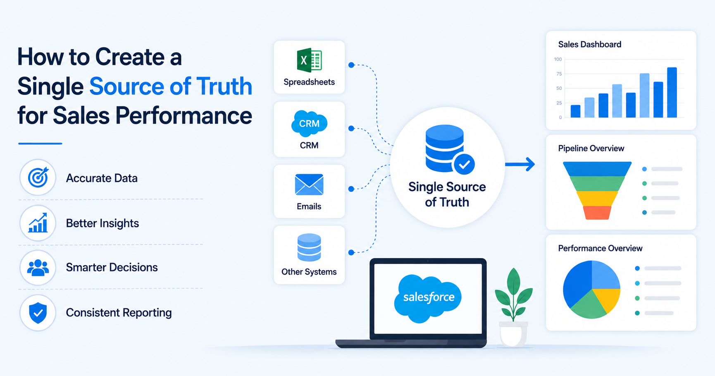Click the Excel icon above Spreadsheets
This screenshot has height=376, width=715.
pyautogui.click(x=309, y=61)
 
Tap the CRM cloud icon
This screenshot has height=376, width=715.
pyautogui.click(x=309, y=124)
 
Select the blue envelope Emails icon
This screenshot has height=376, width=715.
pyautogui.click(x=309, y=184)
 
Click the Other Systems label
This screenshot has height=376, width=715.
pyautogui.click(x=309, y=272)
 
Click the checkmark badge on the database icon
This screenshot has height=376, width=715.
pyautogui.click(x=464, y=165)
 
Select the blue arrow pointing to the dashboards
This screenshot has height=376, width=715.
pyautogui.click(x=520, y=164)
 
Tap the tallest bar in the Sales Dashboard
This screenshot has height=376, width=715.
pyautogui.click(x=672, y=93)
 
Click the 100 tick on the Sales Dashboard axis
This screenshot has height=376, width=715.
pyautogui.click(x=558, y=59)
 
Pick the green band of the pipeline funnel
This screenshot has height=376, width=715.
pyautogui.click(x=597, y=183)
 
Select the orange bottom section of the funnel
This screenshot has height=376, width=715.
pyautogui.click(x=597, y=213)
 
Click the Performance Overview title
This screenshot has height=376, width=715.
pyautogui.click(x=600, y=248)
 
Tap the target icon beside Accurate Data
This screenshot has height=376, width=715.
pyautogui.click(x=38, y=177)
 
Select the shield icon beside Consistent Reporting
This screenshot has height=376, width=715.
pyautogui.click(x=38, y=313)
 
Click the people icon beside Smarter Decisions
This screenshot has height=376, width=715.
pyautogui.click(x=38, y=268)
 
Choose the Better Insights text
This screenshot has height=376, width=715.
pyautogui.click(x=102, y=223)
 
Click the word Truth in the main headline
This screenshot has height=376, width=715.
pyautogui.click(x=224, y=86)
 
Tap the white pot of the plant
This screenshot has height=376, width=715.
pyautogui.click(x=513, y=333)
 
